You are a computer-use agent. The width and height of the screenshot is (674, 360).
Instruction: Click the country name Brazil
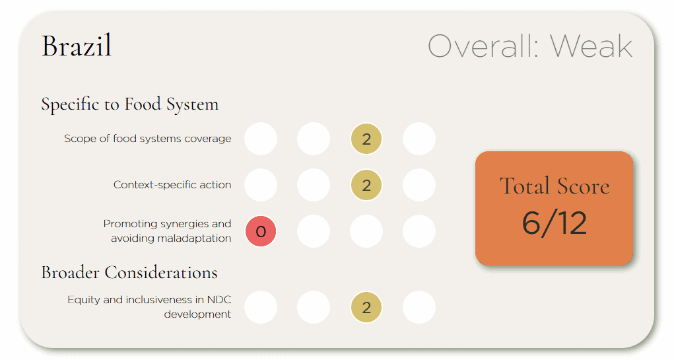(x=77, y=46)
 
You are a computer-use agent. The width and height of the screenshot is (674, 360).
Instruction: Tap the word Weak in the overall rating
(x=591, y=46)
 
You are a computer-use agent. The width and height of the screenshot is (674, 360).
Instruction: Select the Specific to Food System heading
(x=130, y=104)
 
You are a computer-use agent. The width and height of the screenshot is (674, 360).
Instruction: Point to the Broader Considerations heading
(x=129, y=273)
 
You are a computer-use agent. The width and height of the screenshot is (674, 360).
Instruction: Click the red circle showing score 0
(x=261, y=231)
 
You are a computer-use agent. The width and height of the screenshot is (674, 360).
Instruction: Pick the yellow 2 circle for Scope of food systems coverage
(x=366, y=139)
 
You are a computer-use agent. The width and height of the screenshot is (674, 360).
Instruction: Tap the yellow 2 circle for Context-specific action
(x=366, y=185)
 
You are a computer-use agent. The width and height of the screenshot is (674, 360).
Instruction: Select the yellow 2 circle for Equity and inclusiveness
(x=366, y=307)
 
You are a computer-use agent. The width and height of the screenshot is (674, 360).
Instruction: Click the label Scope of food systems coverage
(x=147, y=139)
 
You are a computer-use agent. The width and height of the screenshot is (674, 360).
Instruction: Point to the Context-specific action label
(x=172, y=185)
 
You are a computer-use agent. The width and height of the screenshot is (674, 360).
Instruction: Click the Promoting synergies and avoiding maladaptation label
(x=167, y=231)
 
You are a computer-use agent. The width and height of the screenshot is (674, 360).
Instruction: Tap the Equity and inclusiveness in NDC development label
(x=149, y=306)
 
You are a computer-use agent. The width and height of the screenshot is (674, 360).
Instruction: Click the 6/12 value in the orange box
(x=555, y=223)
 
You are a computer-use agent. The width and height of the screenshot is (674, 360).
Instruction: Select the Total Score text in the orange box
(x=555, y=186)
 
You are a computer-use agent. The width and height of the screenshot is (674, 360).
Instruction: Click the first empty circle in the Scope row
(x=261, y=139)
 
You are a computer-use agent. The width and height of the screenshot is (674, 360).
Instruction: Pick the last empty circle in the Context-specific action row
(x=419, y=185)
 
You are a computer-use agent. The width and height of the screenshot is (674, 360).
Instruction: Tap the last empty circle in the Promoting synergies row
(x=419, y=231)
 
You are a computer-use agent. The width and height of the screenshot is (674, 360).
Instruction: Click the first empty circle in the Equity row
(x=261, y=307)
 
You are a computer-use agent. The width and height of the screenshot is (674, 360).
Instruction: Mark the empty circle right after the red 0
(x=314, y=231)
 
